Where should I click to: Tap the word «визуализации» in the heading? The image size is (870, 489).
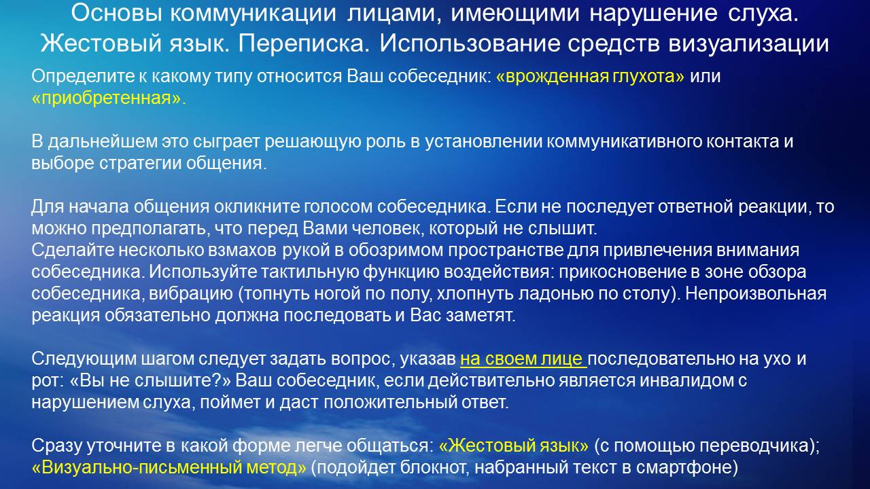pos(749,43)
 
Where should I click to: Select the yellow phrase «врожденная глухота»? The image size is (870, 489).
pos(590,77)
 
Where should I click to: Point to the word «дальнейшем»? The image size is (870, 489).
pos(103,142)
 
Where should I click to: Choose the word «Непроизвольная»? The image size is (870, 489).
pos(755,294)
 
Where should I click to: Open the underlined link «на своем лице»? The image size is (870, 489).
pos(523,359)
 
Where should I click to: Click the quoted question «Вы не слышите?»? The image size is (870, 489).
pos(150,381)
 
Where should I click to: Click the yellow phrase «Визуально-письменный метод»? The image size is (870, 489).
pos(169,468)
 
